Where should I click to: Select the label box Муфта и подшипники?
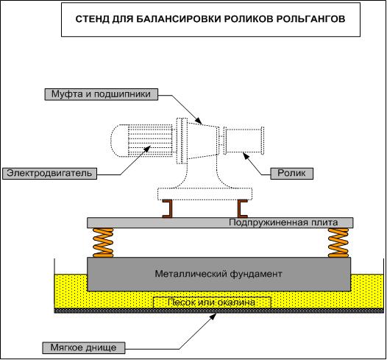102,94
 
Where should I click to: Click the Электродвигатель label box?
49,173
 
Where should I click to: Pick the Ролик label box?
292,173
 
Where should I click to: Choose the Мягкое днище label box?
84,347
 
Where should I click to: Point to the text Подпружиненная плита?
283,222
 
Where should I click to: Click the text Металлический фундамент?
219,274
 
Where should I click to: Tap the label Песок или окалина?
212,303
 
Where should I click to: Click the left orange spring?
103,243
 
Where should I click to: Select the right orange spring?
338,243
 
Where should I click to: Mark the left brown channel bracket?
168,209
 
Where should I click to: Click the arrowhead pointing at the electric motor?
147,149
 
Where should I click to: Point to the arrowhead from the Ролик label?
246,155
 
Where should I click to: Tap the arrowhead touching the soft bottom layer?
213,317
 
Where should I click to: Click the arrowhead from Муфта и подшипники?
199,121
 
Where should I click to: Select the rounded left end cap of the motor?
119,141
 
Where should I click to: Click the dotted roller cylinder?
244,141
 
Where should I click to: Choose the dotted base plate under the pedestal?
205,194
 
